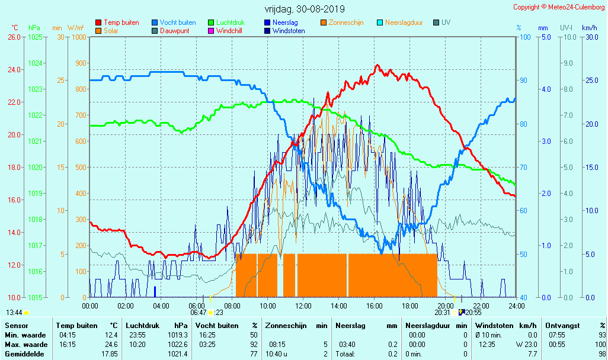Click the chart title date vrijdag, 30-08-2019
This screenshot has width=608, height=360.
coord(304,9)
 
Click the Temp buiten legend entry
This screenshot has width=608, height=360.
coord(120,22)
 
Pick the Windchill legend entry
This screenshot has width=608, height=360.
coord(228,31)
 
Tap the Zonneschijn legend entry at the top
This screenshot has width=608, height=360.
coord(347,22)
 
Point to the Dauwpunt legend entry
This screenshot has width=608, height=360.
coord(174,31)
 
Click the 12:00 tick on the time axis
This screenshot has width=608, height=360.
coord(303,306)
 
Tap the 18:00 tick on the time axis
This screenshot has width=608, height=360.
coord(410,306)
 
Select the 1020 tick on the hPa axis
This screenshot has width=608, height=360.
coord(35,168)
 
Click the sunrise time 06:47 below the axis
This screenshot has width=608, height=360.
coord(198,312)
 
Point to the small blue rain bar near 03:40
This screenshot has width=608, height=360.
coord(155,291)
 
